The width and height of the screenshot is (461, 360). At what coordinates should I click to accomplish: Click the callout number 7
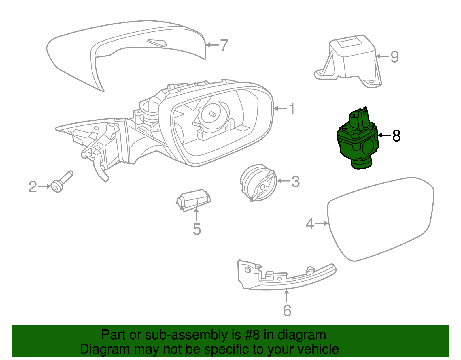[x=224, y=45]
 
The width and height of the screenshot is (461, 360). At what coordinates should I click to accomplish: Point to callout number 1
[x=292, y=109]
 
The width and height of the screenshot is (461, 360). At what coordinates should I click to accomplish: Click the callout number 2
[x=33, y=187]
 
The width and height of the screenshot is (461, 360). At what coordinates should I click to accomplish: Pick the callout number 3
[x=295, y=182]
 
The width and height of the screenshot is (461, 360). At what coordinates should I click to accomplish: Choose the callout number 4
[x=309, y=224]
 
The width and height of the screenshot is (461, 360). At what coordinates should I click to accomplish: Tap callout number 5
[x=197, y=229]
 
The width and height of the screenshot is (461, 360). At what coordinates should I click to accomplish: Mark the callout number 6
[x=287, y=310]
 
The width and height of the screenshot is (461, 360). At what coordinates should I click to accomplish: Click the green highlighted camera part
[x=357, y=141]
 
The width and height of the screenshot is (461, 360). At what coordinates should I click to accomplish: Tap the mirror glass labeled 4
[x=380, y=219]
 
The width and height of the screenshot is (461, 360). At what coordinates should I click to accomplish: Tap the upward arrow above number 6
[x=287, y=296]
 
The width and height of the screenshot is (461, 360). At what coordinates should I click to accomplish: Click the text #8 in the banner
[x=252, y=335]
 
